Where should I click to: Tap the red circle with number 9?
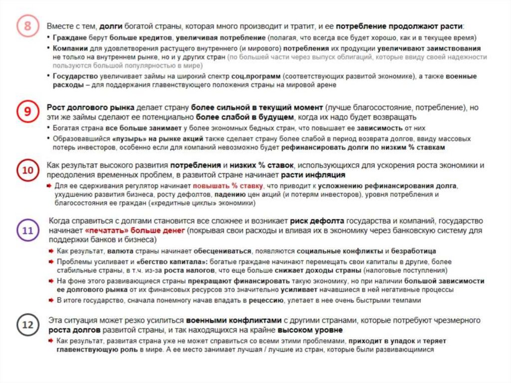coord(27,113)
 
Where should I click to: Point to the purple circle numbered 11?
coord(27,231)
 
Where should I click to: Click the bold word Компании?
coord(70,48)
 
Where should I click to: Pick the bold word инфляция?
coord(326,175)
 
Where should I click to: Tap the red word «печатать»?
coord(105,231)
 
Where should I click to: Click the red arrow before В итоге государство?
coord(51,301)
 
